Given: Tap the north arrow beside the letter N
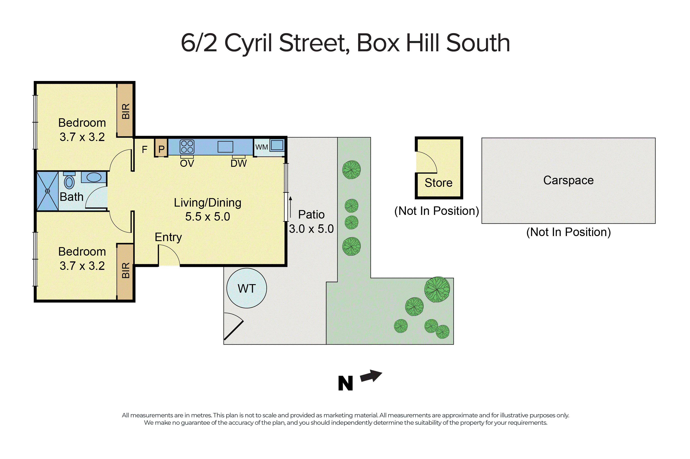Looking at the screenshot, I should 371,376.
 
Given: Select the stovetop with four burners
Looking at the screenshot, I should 187,147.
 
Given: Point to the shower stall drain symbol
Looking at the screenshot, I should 47,191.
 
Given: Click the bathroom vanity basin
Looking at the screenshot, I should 94,177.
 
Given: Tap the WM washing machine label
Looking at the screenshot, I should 261,147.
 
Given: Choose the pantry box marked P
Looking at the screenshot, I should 161,149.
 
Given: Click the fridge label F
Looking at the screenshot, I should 144,150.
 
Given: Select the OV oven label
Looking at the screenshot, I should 187,163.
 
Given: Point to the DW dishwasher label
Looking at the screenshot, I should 239,163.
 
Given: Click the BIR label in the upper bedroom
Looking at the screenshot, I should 126,111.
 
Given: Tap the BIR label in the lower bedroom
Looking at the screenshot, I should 126,270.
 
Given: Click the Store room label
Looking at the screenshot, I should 438,183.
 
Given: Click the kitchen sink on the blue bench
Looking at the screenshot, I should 225,147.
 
